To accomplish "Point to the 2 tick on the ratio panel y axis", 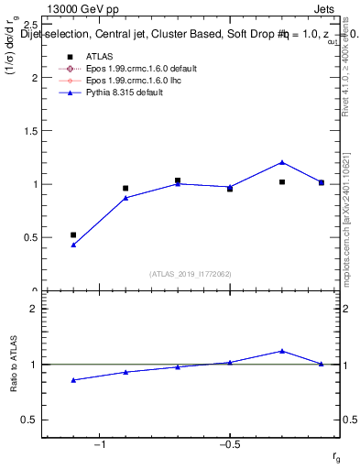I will pyautogui.click(x=36, y=309).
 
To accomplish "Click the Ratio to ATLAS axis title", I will pyautogui.click(x=15, y=364).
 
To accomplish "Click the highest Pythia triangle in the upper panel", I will pyautogui.click(x=282, y=162).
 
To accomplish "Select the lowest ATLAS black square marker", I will pyautogui.click(x=73, y=234).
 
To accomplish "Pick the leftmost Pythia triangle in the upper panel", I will pyautogui.click(x=73, y=245).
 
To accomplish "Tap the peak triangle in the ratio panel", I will pyautogui.click(x=282, y=351).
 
